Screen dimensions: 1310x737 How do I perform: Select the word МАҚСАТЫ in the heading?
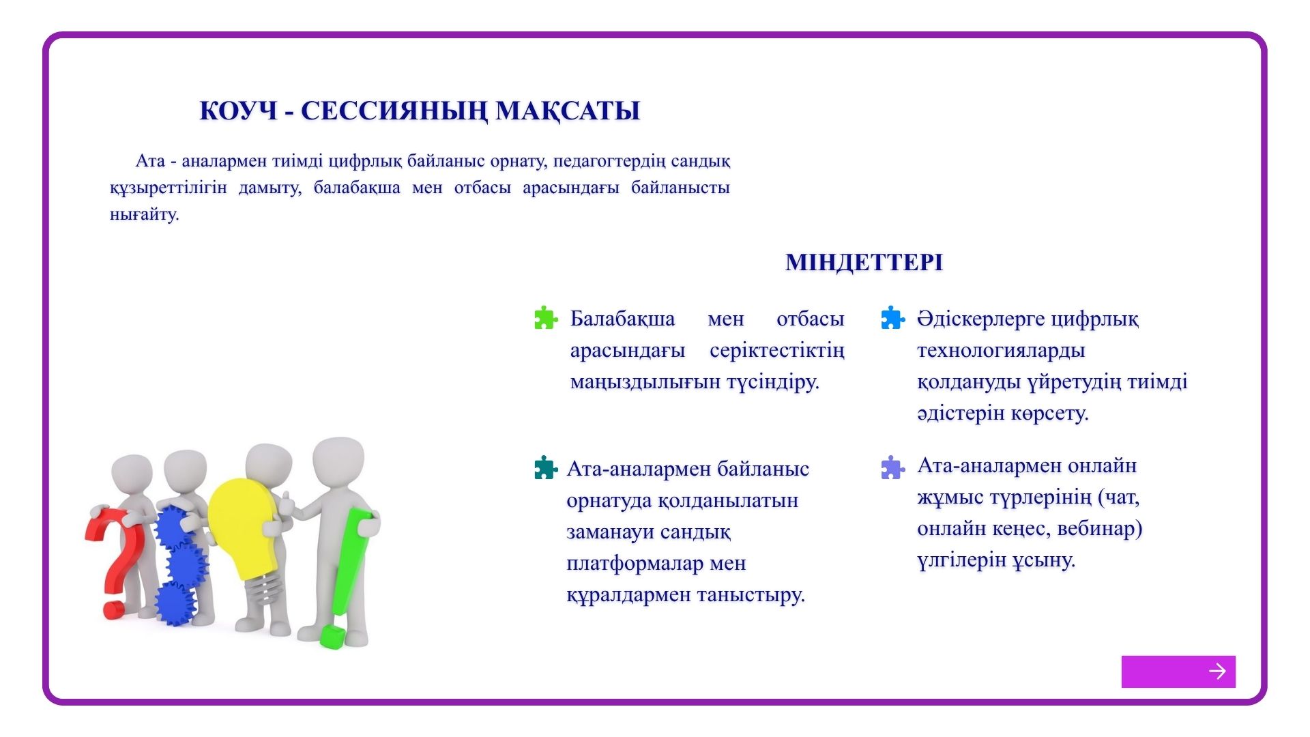click(568, 111)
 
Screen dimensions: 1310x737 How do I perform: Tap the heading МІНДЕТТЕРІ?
click(864, 262)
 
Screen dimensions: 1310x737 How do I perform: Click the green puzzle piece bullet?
click(546, 318)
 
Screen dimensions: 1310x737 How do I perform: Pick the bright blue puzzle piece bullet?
click(892, 318)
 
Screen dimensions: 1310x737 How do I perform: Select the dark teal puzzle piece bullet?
click(546, 468)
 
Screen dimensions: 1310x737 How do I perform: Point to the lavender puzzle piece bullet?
click(892, 468)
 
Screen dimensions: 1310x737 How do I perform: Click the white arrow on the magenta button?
click(1217, 671)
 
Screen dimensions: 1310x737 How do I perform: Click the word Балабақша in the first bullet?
click(622, 319)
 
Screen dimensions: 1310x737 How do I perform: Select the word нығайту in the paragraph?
click(143, 214)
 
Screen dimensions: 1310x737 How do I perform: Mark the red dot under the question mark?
click(114, 609)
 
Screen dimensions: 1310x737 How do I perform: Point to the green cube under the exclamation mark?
click(333, 636)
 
